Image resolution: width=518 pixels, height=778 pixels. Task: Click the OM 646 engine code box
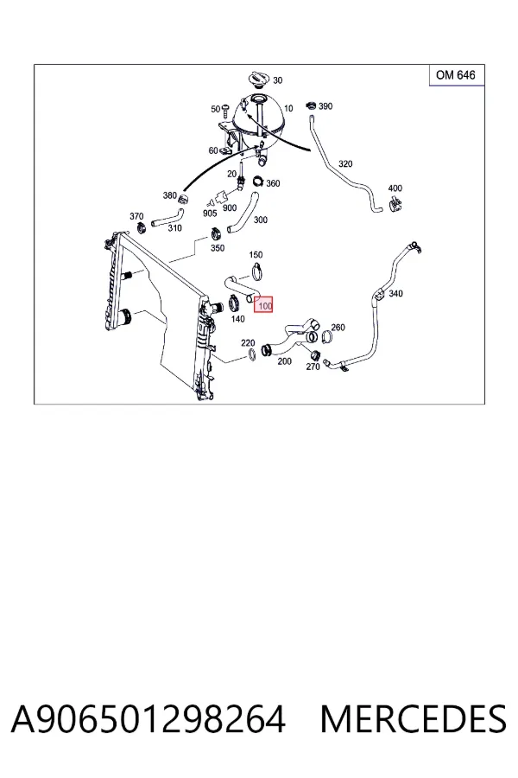click(x=457, y=75)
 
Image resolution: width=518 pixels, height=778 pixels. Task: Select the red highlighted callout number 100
click(x=264, y=305)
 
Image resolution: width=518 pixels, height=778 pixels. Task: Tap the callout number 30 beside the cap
click(x=278, y=80)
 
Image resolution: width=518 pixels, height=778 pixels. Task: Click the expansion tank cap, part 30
click(x=258, y=78)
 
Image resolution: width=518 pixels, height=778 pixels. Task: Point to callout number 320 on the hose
click(x=345, y=163)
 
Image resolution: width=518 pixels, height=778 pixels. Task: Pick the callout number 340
click(x=395, y=294)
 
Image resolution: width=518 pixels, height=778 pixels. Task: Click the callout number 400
click(x=395, y=188)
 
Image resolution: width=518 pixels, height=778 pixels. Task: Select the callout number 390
click(x=325, y=106)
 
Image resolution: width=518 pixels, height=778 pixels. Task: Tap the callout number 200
click(x=285, y=361)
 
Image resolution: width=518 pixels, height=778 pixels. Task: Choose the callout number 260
click(x=338, y=328)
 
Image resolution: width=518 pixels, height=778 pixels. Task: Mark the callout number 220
click(x=248, y=343)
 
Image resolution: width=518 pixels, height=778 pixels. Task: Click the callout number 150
click(x=256, y=255)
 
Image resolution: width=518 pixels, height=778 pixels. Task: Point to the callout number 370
click(x=136, y=216)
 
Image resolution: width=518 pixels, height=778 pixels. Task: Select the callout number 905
click(x=210, y=214)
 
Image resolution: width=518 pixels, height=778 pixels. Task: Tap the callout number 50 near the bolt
click(x=215, y=109)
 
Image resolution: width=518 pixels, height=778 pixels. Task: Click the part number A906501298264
click(x=148, y=719)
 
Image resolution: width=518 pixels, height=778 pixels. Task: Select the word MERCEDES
click(x=414, y=719)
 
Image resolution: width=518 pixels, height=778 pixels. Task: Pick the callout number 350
click(x=218, y=248)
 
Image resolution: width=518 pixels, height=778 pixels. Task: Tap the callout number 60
click(x=213, y=150)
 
